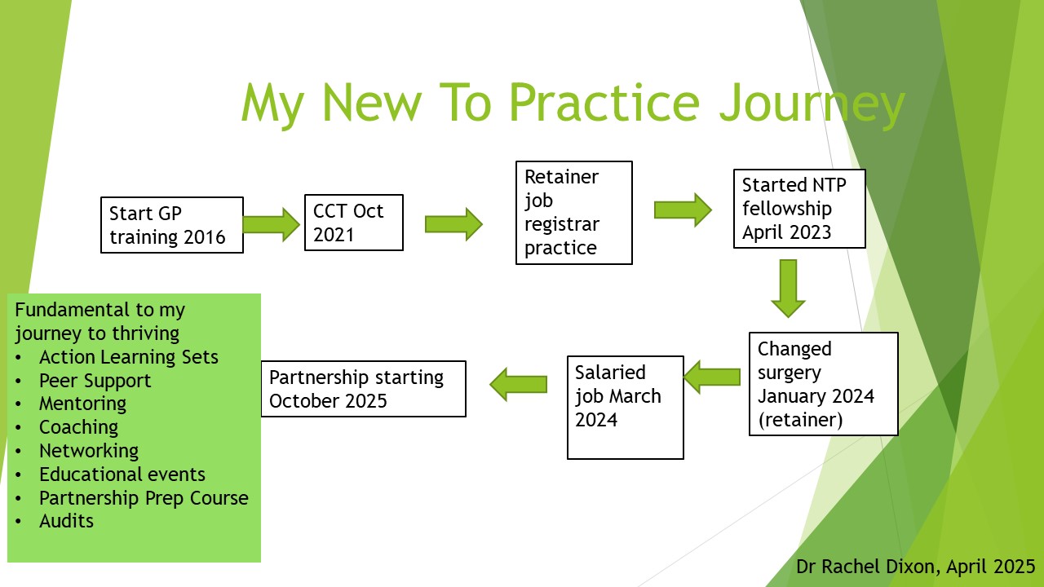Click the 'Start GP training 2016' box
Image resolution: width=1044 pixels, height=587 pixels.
pyautogui.click(x=172, y=225)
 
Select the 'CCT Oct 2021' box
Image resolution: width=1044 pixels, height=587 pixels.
pyautogui.click(x=353, y=223)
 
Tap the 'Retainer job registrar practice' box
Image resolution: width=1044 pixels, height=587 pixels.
pyautogui.click(x=573, y=213)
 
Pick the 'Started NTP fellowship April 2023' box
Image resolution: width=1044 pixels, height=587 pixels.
pyautogui.click(x=798, y=209)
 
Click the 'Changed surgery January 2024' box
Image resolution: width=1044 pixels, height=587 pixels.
pyautogui.click(x=823, y=384)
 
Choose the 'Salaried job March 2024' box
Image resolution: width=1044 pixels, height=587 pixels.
pyautogui.click(x=625, y=407)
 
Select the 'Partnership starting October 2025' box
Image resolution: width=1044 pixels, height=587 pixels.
pyautogui.click(x=363, y=389)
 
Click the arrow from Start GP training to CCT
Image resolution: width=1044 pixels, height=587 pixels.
pyautogui.click(x=272, y=224)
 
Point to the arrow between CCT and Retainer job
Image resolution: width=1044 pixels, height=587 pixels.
pyautogui.click(x=453, y=224)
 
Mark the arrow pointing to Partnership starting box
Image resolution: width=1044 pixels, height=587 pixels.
pyautogui.click(x=518, y=383)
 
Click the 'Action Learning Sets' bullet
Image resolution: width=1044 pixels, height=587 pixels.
pyautogui.click(x=128, y=357)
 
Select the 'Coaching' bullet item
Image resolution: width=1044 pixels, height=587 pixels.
pyautogui.click(x=78, y=427)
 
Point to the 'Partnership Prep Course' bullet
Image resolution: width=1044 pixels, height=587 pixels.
pyautogui.click(x=144, y=498)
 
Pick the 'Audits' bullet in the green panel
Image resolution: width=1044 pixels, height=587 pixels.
pyautogui.click(x=66, y=521)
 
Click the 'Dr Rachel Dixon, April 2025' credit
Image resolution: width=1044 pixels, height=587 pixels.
pyautogui.click(x=915, y=567)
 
